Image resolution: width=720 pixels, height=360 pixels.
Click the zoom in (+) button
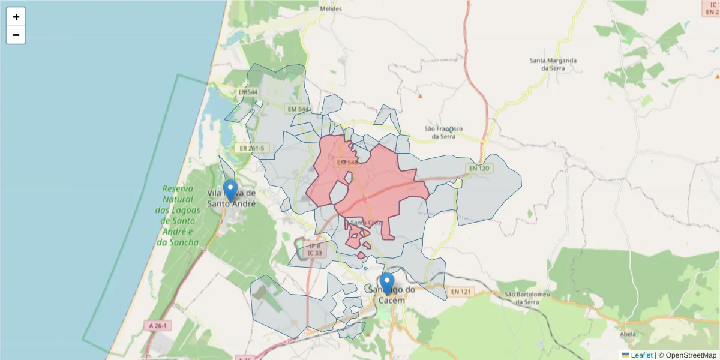coord(16,17)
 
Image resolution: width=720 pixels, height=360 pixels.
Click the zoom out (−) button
coord(16,35)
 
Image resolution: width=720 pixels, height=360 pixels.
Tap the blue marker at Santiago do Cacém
coord(387,283)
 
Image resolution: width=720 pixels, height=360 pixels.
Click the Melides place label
coord(331,9)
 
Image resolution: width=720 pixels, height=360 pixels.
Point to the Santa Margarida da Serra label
coord(553,64)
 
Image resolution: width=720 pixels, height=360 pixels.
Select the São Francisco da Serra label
coord(443,133)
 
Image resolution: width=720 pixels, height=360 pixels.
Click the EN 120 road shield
coord(479,169)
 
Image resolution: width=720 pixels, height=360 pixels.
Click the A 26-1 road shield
coord(158,326)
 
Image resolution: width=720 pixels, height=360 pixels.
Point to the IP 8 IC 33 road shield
coord(314,249)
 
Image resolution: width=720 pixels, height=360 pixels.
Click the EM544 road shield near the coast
coord(248,92)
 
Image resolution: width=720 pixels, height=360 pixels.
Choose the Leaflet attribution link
coord(641,355)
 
